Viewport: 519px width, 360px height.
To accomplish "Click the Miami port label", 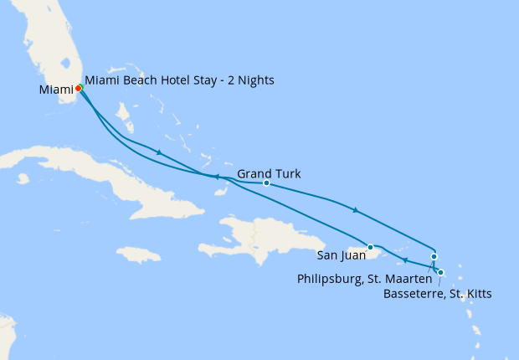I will click(x=55, y=90).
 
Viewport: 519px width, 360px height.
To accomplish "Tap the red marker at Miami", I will click(x=78, y=88).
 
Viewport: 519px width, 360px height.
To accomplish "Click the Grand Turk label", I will click(x=269, y=174).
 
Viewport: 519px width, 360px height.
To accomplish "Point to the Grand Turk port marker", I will click(x=266, y=183).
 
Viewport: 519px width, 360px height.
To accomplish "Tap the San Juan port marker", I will click(x=370, y=247).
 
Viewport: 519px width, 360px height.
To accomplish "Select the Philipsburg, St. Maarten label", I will click(x=364, y=278).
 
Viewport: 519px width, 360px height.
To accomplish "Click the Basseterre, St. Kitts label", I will click(x=437, y=294).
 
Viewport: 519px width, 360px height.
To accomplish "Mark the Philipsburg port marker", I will click(x=434, y=257).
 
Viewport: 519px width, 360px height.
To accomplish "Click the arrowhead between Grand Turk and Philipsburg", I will click(x=356, y=210).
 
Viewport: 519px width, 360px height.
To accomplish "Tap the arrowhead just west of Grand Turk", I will click(x=215, y=177).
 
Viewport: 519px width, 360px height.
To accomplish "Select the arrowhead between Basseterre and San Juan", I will click(x=405, y=260).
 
